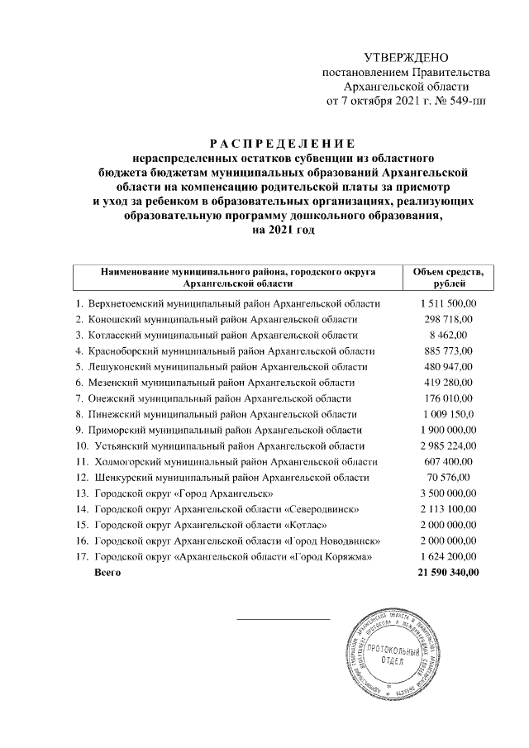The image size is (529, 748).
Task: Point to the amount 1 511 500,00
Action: (x=449, y=304)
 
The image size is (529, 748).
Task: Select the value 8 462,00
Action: (x=449, y=335)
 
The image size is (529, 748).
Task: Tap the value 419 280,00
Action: (x=449, y=382)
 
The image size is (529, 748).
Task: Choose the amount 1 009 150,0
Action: (x=447, y=413)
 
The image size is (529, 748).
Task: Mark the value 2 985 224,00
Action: (x=449, y=445)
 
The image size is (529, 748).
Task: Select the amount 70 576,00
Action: (x=449, y=477)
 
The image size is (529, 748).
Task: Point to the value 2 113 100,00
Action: (x=449, y=508)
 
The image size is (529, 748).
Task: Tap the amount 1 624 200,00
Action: (x=449, y=556)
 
